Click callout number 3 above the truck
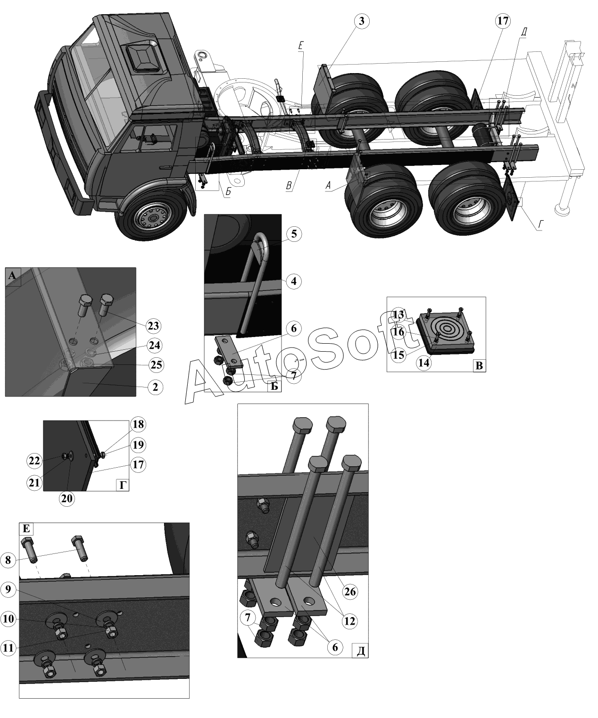coord(361,21)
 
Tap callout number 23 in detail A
coord(153,325)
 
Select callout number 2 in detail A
coord(155,387)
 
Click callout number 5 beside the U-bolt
coord(293,234)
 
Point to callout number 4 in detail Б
coord(293,281)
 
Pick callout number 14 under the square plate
coord(424,363)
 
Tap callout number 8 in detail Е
coord(8,560)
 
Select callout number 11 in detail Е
coord(8,648)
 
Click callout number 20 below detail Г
coord(67,498)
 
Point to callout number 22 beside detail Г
coord(34,461)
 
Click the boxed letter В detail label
coord(479,365)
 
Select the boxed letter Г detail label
coord(123,485)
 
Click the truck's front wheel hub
coord(151,217)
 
